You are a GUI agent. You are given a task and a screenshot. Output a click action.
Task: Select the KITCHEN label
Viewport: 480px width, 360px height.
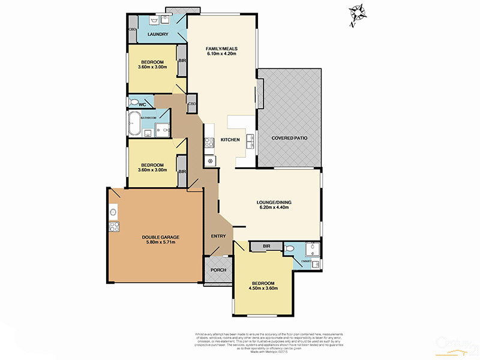[x=230, y=140]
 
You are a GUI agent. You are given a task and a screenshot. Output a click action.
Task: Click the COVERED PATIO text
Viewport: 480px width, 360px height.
[x=289, y=138]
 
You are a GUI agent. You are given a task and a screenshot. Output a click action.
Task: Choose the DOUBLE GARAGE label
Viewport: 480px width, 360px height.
[x=156, y=237]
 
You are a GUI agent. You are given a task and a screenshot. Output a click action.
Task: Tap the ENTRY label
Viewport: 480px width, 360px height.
[x=218, y=236]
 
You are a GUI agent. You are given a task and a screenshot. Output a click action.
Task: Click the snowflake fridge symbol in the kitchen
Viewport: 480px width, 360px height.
[x=210, y=161]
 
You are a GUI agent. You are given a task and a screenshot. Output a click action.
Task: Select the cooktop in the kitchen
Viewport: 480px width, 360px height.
[x=209, y=143]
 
